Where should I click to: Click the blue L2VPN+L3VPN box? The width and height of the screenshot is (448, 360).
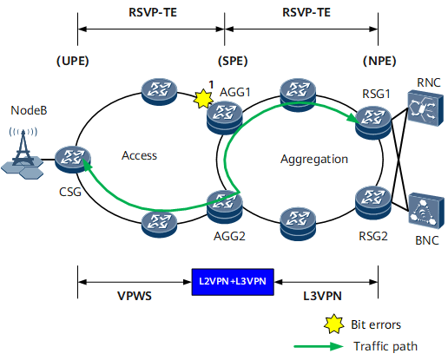point(233,282)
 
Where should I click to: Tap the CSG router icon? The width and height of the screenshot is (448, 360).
point(73,160)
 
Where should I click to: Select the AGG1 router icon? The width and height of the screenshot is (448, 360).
point(225,118)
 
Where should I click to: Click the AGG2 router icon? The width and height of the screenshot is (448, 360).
point(225,206)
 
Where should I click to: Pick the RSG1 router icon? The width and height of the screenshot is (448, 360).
point(373,123)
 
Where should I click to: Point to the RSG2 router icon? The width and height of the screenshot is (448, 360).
point(373,202)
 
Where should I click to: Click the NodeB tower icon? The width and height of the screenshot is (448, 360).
point(23,153)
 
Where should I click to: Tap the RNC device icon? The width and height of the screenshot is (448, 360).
point(425,108)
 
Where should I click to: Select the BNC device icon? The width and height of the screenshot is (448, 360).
point(426,211)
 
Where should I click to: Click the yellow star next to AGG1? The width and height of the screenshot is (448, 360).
point(203,99)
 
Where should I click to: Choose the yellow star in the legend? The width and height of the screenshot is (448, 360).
point(334,324)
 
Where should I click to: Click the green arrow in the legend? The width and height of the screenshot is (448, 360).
point(319,346)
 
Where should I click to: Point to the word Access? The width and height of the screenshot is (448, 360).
point(139,155)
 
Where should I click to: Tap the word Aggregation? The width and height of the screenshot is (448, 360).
point(314,160)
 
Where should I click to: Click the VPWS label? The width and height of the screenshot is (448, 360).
point(135,296)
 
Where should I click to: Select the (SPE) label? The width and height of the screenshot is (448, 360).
point(233,61)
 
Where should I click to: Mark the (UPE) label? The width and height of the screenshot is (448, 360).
point(73,61)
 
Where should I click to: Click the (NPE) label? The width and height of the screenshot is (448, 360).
point(379,61)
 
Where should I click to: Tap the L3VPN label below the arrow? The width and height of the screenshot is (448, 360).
point(322,296)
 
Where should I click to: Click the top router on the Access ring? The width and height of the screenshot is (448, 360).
point(159,91)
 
